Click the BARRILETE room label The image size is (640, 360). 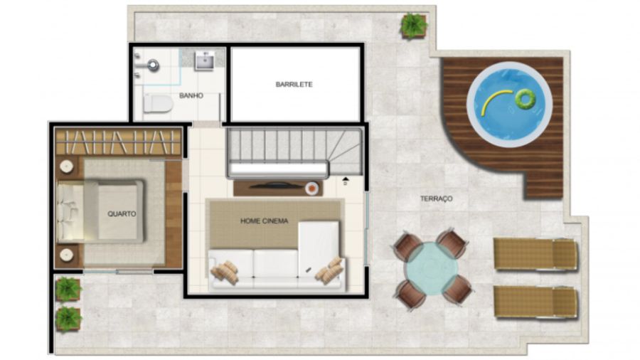pos(294,85)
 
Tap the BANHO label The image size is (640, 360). pos(191,95)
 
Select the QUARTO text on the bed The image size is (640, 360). pos(122,213)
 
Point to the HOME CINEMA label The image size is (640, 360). pos(264,221)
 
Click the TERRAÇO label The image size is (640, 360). pos(437,198)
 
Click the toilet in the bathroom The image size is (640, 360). pos(158,104)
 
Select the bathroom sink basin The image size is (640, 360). pos(204,60)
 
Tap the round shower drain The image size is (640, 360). pos(153,65)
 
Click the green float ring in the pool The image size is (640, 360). pos(525,98)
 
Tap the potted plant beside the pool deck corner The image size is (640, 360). pos(413,26)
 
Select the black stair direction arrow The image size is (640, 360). pos(346,179)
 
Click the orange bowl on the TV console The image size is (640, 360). pos(311,188)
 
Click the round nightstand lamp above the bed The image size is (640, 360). pos(66,166)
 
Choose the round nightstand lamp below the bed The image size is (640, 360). pos(66,255)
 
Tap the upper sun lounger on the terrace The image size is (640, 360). pos(535,254)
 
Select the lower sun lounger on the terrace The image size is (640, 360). pos(535,302)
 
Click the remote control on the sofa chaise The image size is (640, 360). pos(308,269)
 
